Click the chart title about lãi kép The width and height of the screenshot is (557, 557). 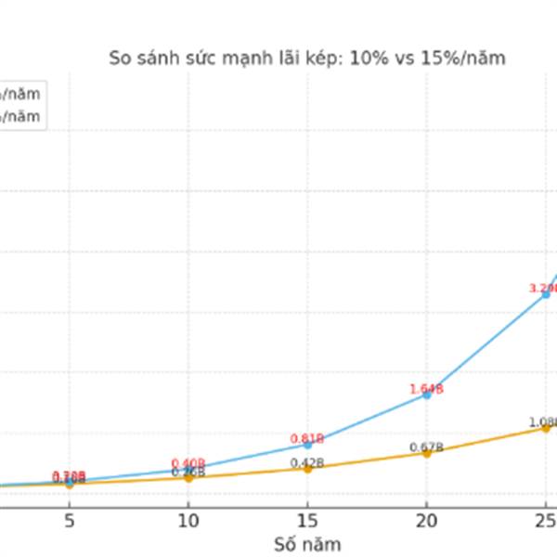307,59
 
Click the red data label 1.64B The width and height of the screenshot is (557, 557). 426,389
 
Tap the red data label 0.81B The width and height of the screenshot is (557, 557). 306,438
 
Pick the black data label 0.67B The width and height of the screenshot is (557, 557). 426,447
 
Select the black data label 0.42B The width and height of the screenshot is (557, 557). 306,463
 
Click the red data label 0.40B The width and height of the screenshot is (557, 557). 188,463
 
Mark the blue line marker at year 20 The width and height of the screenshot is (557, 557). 427,395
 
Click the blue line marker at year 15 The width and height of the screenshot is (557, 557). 307,444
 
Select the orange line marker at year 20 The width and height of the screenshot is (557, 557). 427,453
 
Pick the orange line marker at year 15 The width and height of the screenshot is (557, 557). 307,469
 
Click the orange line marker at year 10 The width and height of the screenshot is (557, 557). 188,477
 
